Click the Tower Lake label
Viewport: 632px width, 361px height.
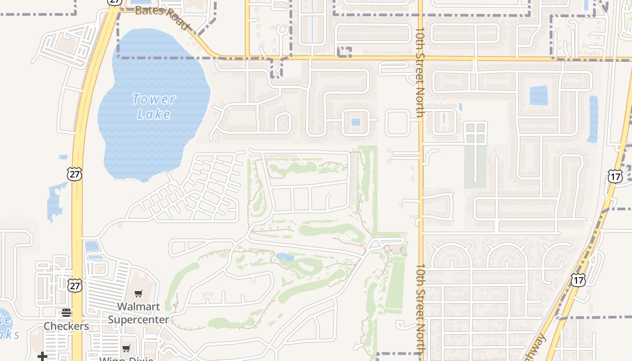pos(154,106)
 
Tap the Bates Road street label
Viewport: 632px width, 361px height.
pos(161,17)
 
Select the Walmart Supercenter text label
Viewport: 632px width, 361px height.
pos(139,313)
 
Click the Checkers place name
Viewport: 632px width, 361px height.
pos(66,326)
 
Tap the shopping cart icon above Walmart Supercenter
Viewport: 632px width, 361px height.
pos(139,294)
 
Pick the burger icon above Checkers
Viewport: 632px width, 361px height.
pos(66,313)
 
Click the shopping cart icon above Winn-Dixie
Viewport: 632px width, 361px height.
pos(126,348)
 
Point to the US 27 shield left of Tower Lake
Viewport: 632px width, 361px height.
pos(75,174)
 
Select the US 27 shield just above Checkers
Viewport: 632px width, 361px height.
pos(75,285)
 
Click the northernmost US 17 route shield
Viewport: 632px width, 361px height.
pos(615,176)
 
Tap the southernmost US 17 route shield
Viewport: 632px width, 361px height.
pos(578,280)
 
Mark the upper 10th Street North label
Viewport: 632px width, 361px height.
pos(420,72)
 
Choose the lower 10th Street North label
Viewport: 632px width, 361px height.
pos(420,309)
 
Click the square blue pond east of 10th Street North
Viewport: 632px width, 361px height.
pos(539,95)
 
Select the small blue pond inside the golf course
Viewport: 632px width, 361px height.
pos(285,257)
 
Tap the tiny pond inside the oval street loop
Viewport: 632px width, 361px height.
pos(356,122)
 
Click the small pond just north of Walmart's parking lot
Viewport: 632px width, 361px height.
pos(92,246)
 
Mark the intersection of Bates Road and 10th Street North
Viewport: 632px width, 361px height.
pos(420,58)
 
